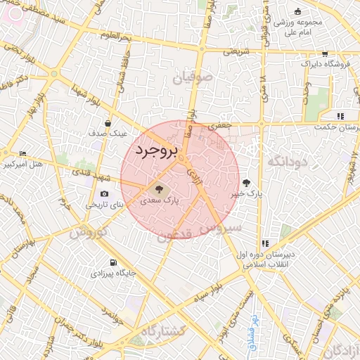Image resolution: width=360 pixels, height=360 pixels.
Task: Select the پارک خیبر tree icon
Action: pos(245,182)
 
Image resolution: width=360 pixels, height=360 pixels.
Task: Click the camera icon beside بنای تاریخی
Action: pos(105,194)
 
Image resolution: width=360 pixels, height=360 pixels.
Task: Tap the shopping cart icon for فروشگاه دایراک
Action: pos(324,54)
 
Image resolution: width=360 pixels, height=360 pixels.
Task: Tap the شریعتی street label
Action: pos(236,51)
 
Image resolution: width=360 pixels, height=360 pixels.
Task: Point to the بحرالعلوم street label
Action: pos(115,35)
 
